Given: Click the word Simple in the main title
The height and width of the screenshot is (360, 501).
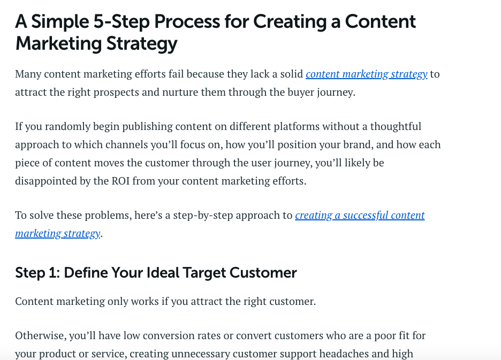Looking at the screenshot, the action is pyautogui.click(x=60, y=22).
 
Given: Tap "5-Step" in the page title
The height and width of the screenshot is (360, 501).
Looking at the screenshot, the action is pyautogui.click(x=122, y=22).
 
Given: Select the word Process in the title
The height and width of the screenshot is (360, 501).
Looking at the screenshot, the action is pyautogui.click(x=187, y=22).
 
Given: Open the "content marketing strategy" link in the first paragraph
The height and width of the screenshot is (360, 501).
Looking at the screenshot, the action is pyautogui.click(x=367, y=74).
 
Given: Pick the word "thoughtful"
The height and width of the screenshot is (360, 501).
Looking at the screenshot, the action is pyautogui.click(x=396, y=126).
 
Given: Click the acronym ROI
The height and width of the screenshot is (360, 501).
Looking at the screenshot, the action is pyautogui.click(x=120, y=181).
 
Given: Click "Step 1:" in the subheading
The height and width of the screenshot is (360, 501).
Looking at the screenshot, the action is pyautogui.click(x=37, y=273).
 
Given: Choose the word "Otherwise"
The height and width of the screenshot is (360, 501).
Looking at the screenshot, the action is pyautogui.click(x=41, y=336).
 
